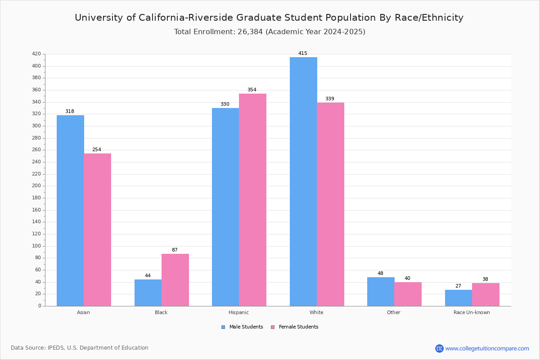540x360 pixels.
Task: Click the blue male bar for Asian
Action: tap(70, 211)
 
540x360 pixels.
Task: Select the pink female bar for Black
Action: tap(175, 280)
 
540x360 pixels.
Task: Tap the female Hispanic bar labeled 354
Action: tap(252, 200)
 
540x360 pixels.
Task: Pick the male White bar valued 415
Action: tap(303, 181)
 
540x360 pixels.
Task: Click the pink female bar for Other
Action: tap(408, 294)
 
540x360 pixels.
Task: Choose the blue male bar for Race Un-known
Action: tap(459, 298)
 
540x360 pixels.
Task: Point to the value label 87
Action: tap(175, 250)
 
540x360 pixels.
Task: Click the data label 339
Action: tap(330, 99)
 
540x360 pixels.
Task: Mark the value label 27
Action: tap(458, 286)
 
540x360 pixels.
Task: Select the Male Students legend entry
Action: tap(242, 327)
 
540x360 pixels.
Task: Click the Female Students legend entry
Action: tap(295, 327)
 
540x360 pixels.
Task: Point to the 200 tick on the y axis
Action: tap(36, 186)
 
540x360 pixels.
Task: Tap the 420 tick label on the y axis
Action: tap(36, 54)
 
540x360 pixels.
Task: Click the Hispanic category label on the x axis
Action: tap(238, 312)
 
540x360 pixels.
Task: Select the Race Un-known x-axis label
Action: tap(472, 312)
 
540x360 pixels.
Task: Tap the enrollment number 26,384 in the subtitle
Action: tap(250, 32)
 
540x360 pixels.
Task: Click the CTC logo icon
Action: tap(439, 348)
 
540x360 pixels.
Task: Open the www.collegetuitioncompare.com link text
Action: tap(487, 349)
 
